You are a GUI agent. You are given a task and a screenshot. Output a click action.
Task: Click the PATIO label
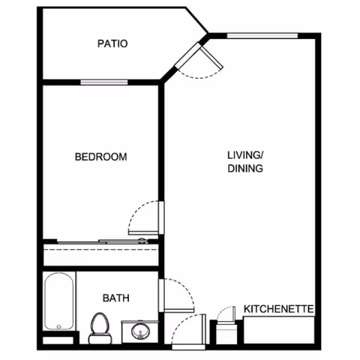112,43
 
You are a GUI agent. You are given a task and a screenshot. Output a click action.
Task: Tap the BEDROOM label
100,157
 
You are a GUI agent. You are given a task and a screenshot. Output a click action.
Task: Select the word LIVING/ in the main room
246,155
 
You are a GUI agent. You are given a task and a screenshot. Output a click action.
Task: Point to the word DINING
246,169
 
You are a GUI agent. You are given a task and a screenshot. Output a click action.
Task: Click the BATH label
116,298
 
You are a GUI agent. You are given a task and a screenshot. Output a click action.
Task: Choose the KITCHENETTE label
278,309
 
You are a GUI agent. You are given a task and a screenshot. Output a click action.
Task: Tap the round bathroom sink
139,329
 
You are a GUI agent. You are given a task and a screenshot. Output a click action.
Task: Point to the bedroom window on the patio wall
101,82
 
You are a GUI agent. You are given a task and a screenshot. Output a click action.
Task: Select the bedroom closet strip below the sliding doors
100,254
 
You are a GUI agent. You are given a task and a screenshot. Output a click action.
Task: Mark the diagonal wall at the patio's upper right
197,20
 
